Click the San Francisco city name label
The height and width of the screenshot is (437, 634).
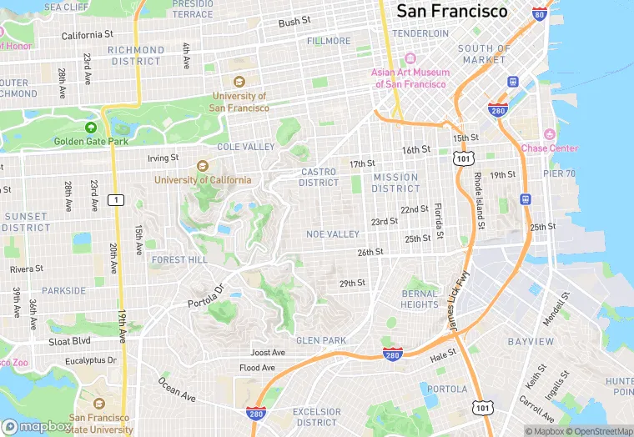point(451,12)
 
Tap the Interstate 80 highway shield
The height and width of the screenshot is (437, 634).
point(540,14)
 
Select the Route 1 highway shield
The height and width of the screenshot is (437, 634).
point(117,199)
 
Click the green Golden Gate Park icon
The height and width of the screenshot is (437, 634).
point(91,128)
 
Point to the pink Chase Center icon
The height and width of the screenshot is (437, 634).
point(549,135)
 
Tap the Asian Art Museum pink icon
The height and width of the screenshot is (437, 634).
point(410,59)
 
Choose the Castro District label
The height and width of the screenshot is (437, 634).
point(319,178)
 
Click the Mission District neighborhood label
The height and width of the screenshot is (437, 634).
point(395,183)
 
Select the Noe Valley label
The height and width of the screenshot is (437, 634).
point(332,234)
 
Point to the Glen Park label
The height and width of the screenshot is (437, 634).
point(321,340)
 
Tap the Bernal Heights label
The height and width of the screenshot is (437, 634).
point(419,299)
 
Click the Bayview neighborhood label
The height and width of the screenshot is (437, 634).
point(531,342)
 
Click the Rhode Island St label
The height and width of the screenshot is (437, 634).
point(478,201)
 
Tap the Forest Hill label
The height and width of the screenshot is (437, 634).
point(179,259)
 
